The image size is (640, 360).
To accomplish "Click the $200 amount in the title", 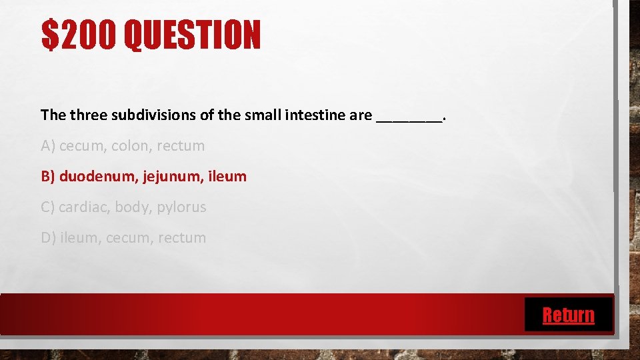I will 78,35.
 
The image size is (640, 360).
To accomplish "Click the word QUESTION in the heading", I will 193,35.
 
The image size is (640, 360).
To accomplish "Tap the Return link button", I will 568,315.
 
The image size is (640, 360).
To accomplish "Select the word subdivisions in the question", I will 153,115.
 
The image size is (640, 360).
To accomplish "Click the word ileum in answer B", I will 227,177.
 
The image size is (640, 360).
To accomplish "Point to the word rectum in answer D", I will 182,238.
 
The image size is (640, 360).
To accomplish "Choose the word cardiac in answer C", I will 84,207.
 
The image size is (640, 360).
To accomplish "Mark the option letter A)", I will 48,146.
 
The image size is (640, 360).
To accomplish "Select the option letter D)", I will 49,238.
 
